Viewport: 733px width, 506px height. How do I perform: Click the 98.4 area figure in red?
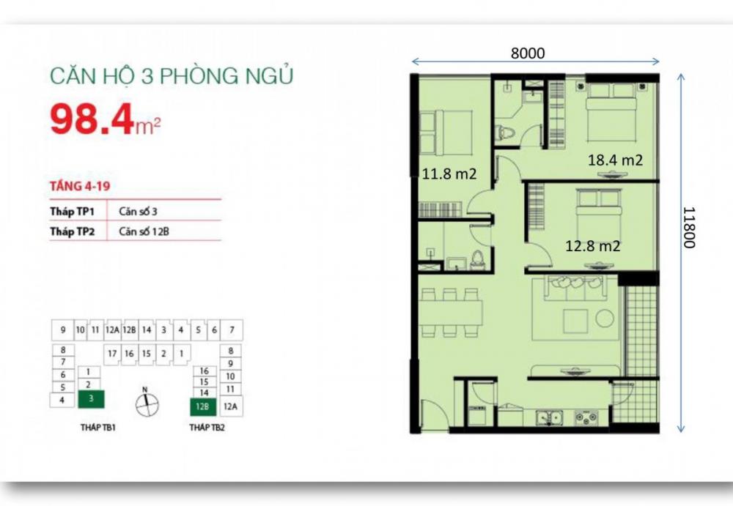pyautogui.click(x=92, y=119)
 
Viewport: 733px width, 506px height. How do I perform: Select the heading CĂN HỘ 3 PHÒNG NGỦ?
pyautogui.click(x=171, y=76)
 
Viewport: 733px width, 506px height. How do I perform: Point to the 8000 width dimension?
pyautogui.click(x=528, y=53)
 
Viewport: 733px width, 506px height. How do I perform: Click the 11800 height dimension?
pyautogui.click(x=688, y=226)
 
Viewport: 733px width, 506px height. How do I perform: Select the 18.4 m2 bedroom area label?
pyautogui.click(x=615, y=160)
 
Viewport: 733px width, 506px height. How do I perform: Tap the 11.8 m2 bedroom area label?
pyautogui.click(x=449, y=174)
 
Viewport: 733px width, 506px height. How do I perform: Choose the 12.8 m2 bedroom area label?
pyautogui.click(x=592, y=246)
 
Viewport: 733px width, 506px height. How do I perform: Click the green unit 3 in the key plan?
pyautogui.click(x=90, y=400)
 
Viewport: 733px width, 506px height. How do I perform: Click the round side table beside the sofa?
pyautogui.click(x=605, y=319)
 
